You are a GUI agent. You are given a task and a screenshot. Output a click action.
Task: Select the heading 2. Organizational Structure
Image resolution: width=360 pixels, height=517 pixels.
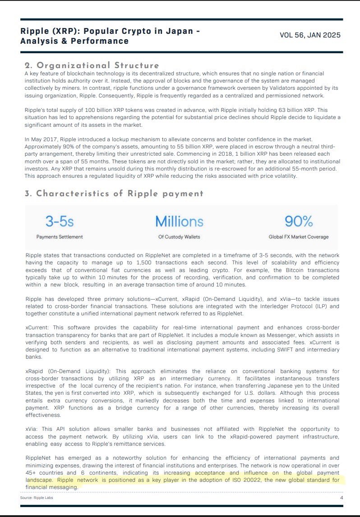(x=92, y=65)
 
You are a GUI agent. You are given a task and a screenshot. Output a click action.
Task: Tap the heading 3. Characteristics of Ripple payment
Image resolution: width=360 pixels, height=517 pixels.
(x=114, y=194)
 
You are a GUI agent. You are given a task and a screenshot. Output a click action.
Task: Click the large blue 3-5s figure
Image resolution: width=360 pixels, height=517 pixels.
(x=59, y=221)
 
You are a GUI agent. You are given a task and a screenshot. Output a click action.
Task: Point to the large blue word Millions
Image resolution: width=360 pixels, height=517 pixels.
(x=179, y=221)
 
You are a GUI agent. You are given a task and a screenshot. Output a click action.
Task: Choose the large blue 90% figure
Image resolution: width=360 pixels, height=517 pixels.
(x=299, y=221)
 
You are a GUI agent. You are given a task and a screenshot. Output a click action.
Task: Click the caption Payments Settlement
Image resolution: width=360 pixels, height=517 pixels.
(x=60, y=237)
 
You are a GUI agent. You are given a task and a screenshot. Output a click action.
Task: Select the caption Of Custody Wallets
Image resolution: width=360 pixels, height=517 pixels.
(x=180, y=237)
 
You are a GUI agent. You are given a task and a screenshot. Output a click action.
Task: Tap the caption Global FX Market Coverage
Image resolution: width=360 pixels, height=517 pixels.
(x=299, y=237)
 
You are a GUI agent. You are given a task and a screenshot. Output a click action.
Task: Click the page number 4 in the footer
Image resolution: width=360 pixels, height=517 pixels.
(x=341, y=497)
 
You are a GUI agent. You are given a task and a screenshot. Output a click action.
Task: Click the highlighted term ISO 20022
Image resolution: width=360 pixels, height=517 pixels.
(x=231, y=480)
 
